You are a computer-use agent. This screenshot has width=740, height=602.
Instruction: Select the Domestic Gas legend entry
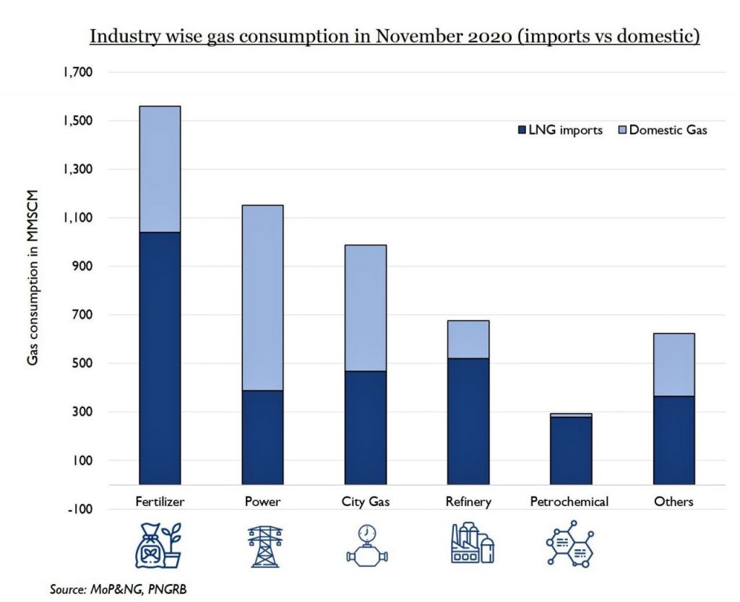click(x=661, y=131)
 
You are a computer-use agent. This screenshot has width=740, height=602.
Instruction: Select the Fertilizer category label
click(x=159, y=502)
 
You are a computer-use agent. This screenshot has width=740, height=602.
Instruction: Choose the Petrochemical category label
click(x=570, y=502)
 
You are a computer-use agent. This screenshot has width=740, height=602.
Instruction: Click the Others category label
click(x=674, y=502)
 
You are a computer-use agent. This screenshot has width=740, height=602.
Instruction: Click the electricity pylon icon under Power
click(x=262, y=545)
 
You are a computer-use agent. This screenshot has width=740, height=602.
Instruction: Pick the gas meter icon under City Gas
click(x=366, y=545)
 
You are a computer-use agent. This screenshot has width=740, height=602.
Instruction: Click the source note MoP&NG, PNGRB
click(x=119, y=590)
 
